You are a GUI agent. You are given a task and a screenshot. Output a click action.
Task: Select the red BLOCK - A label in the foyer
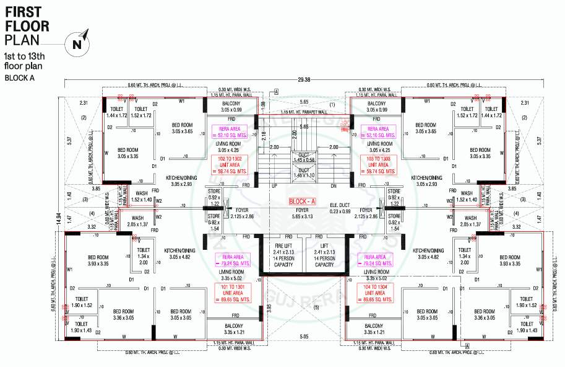(303, 202)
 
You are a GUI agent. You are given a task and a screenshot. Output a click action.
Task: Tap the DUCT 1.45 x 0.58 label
(303, 157)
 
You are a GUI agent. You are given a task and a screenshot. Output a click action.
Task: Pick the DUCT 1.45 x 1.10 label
(303, 172)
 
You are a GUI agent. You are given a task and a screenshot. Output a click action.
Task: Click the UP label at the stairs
(274, 185)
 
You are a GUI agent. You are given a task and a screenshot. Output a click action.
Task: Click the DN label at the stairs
(333, 185)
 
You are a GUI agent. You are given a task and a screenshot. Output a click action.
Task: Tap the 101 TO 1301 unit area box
(230, 294)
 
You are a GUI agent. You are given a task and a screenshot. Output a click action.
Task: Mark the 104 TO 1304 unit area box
(379, 294)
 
